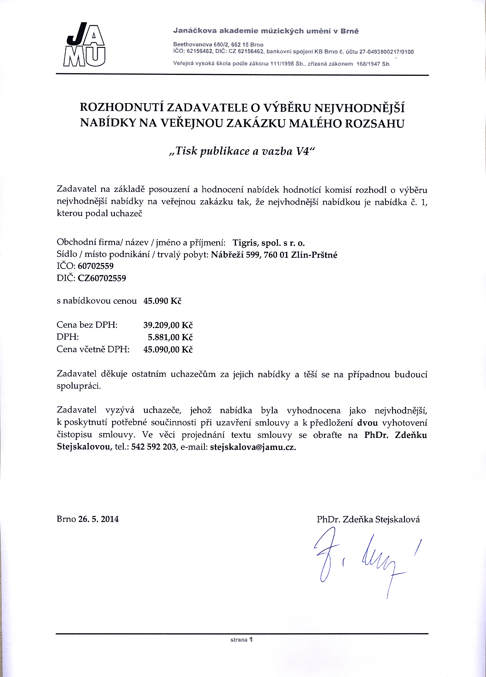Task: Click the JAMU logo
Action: click(85, 44)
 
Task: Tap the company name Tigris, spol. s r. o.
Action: click(269, 243)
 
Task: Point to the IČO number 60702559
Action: click(95, 266)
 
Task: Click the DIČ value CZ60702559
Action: click(102, 278)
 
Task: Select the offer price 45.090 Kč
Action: click(163, 301)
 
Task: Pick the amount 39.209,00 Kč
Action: click(168, 325)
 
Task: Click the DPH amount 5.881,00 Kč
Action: click(170, 337)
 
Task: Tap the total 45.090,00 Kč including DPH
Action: click(168, 349)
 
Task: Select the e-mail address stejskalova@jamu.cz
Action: click(253, 447)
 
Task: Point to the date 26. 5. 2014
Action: click(98, 519)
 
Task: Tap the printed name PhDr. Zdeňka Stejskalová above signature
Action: click(368, 520)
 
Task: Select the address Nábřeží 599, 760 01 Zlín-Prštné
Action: click(274, 255)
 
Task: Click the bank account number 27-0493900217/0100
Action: click(387, 52)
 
